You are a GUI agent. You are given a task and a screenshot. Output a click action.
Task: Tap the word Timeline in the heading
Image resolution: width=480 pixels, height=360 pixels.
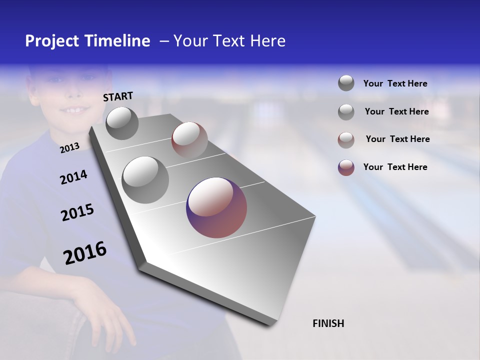point(118,41)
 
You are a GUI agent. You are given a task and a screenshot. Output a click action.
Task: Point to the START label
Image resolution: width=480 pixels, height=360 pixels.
point(118,96)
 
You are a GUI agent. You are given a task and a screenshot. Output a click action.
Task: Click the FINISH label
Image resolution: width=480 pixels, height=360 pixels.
point(328,323)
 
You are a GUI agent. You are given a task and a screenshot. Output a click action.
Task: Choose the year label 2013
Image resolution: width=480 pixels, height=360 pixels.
point(69,147)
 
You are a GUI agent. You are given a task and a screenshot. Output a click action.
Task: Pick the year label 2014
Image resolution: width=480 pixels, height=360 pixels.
point(73,177)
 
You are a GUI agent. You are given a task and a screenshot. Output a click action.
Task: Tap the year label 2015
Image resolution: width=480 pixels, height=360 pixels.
point(77,212)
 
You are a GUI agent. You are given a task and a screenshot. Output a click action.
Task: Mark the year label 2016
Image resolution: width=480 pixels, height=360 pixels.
point(85,253)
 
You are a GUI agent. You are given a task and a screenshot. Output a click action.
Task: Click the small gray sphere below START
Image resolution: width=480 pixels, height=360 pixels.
point(122,123)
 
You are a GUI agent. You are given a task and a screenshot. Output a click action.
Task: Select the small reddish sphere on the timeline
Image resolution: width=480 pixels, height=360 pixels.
point(189,140)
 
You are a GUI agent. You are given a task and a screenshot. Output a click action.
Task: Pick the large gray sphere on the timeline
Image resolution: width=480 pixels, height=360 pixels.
point(145,179)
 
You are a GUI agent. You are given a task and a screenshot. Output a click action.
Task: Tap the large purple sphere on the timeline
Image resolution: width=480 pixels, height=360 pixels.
point(216,207)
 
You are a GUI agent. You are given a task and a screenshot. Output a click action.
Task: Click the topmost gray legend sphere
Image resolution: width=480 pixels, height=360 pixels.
point(346,83)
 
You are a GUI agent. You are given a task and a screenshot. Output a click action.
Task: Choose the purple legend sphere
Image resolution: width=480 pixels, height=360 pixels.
point(346,167)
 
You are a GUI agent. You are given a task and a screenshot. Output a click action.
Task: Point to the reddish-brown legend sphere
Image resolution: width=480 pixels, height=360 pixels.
point(346,139)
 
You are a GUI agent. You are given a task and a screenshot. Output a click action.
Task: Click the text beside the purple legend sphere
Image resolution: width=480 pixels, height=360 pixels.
point(395,167)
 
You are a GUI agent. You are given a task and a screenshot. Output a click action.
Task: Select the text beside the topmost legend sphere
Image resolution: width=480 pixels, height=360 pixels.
point(395,83)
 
